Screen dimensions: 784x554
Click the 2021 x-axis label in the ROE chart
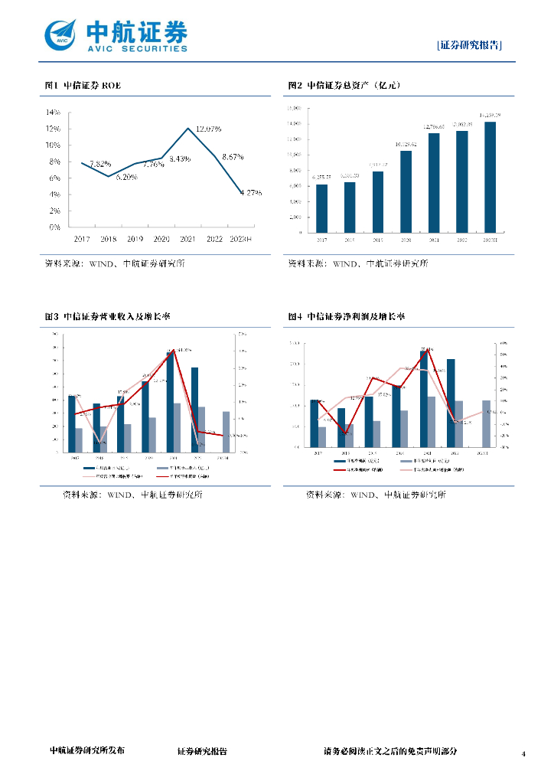[x=188, y=239]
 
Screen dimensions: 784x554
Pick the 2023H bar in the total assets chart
[x=490, y=177]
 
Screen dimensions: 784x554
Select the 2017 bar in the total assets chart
[x=321, y=208]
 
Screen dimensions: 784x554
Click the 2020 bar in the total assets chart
[x=406, y=191]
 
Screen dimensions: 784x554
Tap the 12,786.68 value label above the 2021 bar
[x=435, y=127]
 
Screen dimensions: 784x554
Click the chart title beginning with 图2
[x=344, y=86]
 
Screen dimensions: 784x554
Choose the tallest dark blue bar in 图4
[x=423, y=399]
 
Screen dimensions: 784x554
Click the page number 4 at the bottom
[x=524, y=754]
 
